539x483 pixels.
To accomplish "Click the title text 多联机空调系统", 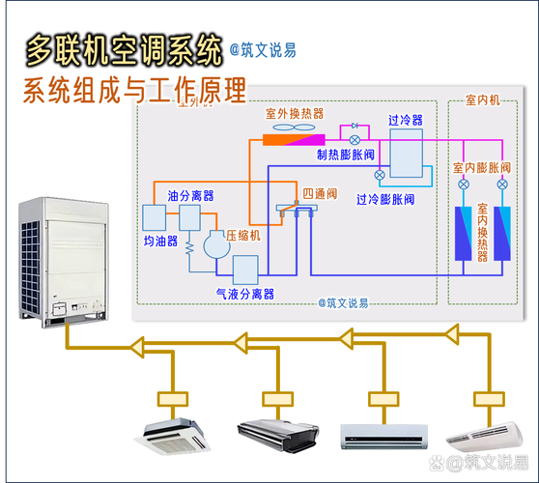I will [x=124, y=49].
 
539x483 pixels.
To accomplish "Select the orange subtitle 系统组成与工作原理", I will [x=134, y=92].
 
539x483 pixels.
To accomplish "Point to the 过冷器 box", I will [x=405, y=153].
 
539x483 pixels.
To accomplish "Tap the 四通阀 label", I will [x=319, y=194].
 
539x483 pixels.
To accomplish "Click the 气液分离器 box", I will [x=245, y=268].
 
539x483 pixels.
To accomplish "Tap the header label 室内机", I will [x=482, y=100].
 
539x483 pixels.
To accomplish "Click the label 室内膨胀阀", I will [x=482, y=168].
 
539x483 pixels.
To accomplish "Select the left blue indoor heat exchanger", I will [x=464, y=233].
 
